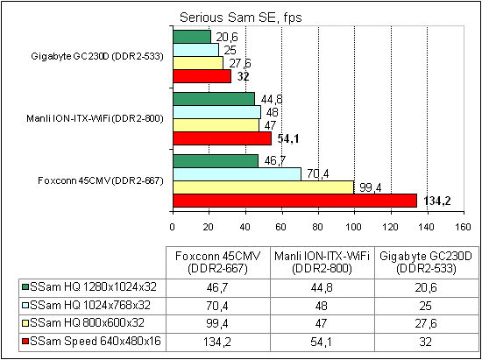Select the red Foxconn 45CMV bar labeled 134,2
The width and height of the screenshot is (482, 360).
tap(294, 201)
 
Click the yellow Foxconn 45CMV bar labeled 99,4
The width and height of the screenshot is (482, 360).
tap(263, 187)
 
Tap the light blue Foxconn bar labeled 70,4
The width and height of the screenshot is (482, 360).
tap(237, 174)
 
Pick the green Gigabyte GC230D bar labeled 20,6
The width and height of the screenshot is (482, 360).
tap(192, 37)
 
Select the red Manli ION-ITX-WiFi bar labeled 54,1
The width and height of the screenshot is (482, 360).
tap(222, 138)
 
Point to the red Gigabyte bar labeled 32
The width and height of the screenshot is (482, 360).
tap(202, 76)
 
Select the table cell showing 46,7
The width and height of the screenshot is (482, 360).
tap(208, 286)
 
